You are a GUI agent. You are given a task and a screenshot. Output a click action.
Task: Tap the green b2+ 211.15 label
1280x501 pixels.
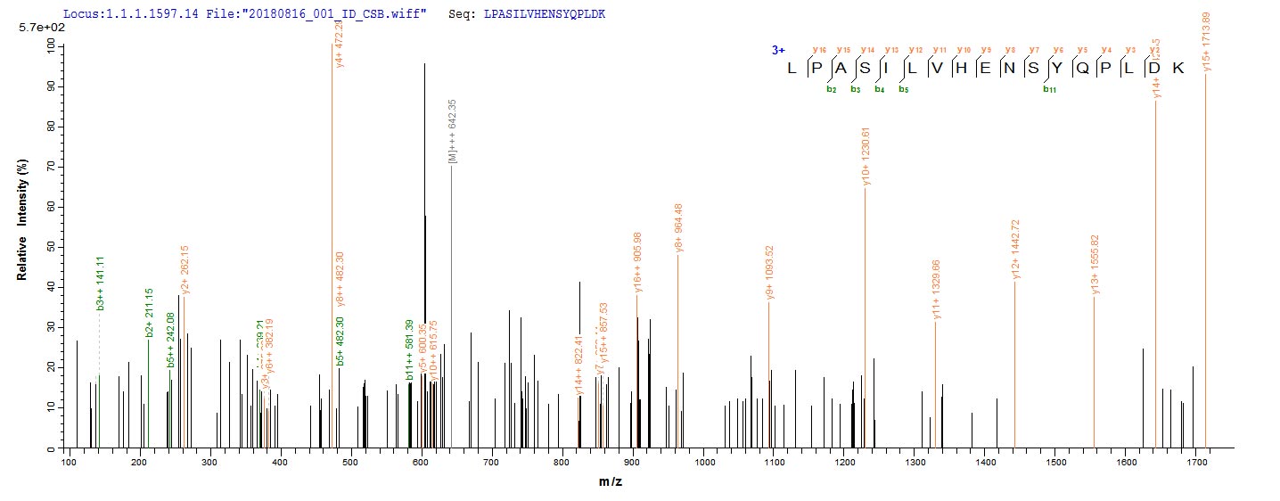click(149, 313)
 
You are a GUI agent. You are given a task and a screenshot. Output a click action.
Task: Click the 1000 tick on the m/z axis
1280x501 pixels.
click(703, 463)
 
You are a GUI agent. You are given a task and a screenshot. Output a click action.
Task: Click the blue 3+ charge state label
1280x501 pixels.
click(777, 51)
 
